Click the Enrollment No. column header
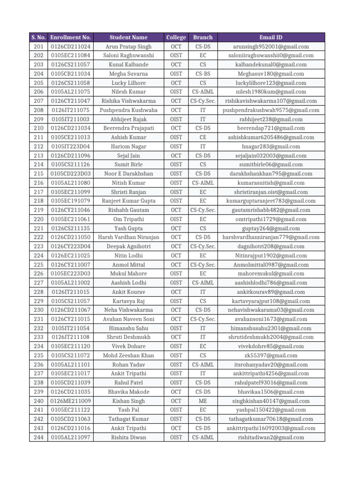[x=71, y=37]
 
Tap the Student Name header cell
[x=128, y=37]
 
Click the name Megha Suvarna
[x=128, y=74]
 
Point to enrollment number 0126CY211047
[x=71, y=101]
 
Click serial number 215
[x=39, y=173]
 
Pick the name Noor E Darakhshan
[x=128, y=173]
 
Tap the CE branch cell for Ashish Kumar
[x=202, y=137]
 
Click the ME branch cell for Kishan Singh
[x=202, y=401]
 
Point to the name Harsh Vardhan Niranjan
[x=128, y=237]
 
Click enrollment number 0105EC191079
[x=71, y=201]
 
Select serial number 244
[x=39, y=437]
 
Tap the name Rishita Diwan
[x=128, y=437]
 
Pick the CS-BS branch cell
[x=202, y=74]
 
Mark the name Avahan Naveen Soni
[x=128, y=319]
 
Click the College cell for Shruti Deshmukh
[x=176, y=337]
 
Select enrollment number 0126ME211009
[x=71, y=401]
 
